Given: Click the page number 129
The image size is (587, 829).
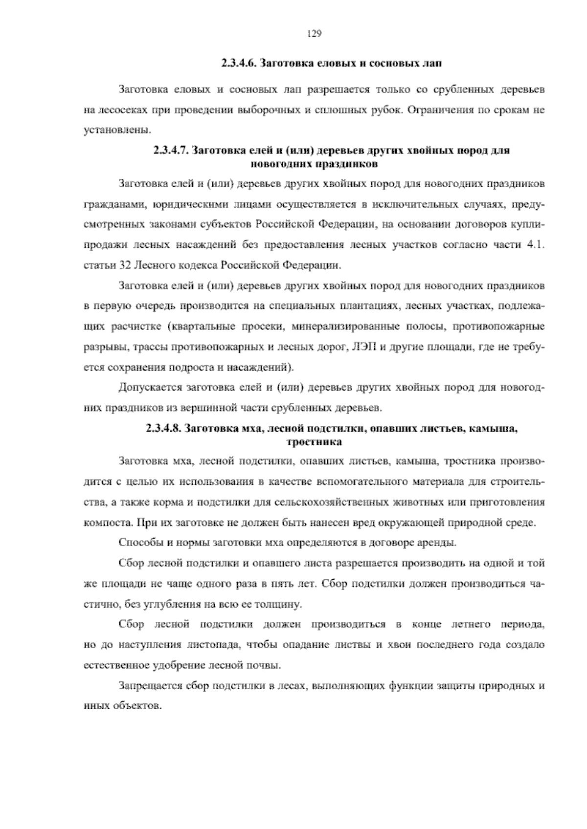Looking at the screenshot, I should [x=314, y=34].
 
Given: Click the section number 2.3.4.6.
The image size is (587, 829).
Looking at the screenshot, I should [x=238, y=64].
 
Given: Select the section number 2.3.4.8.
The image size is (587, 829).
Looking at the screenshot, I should [x=164, y=429].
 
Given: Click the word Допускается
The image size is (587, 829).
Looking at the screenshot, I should [x=149, y=388].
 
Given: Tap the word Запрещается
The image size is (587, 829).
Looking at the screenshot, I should [x=150, y=686].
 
